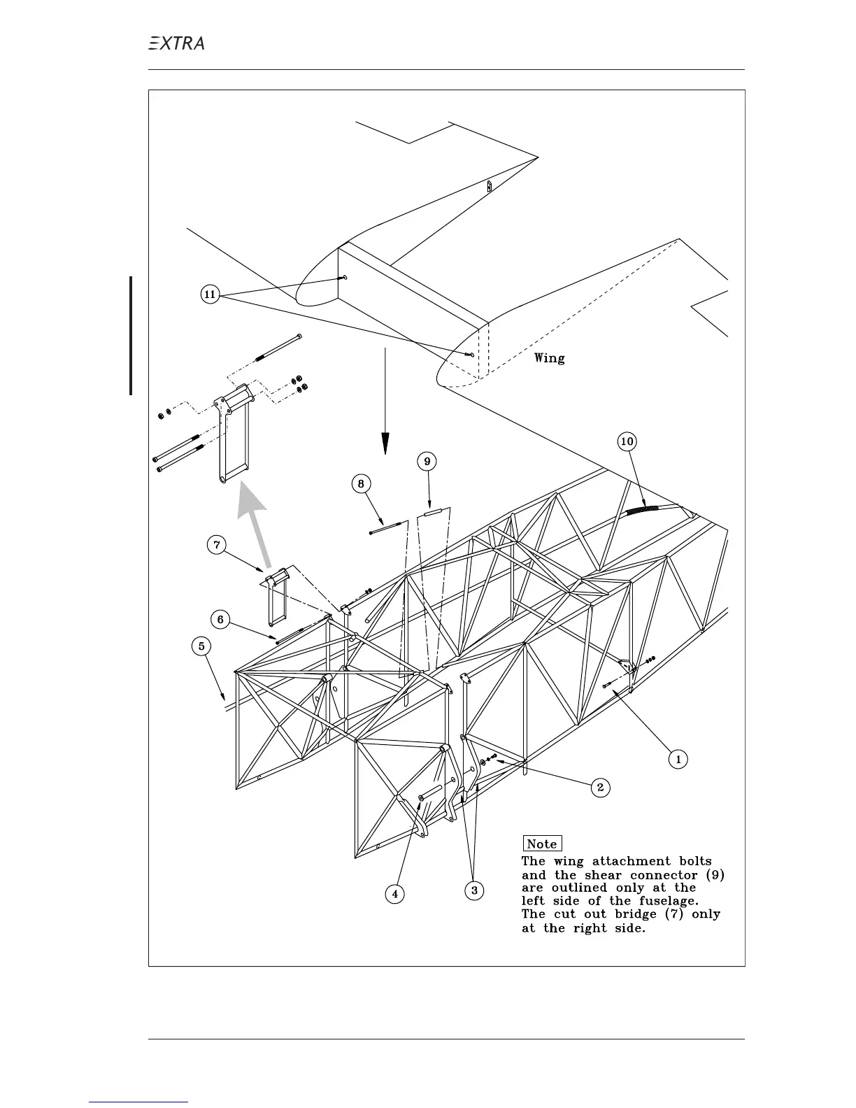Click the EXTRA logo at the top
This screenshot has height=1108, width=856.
(177, 43)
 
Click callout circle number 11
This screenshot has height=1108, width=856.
(210, 294)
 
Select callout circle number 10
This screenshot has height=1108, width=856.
(627, 441)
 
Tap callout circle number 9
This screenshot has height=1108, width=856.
(427, 461)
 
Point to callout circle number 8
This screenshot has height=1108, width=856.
(361, 483)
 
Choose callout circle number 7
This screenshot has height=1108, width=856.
(217, 545)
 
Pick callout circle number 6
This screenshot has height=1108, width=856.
(220, 620)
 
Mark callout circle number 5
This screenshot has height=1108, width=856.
(201, 646)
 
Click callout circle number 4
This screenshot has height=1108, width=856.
(394, 893)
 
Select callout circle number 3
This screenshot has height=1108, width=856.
(474, 890)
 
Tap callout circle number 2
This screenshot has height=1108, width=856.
(600, 788)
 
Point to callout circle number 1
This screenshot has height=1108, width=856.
(677, 759)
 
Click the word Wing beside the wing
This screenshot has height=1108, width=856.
(550, 358)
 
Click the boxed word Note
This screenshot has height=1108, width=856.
(542, 844)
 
